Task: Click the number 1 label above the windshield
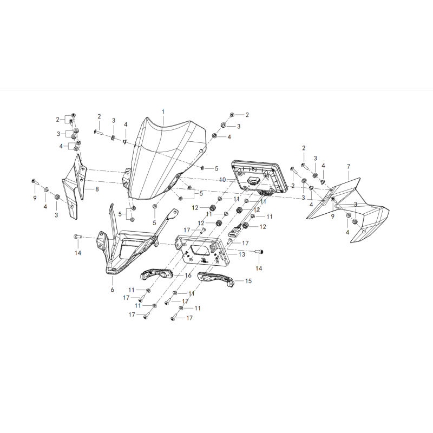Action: click(163, 112)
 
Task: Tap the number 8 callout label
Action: click(97, 189)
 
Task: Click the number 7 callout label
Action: click(349, 167)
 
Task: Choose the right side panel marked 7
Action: click(348, 211)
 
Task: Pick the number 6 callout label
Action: click(113, 290)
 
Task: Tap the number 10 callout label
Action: click(222, 180)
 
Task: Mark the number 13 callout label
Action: click(241, 254)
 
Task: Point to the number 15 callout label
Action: click(248, 281)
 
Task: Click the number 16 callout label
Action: click(188, 275)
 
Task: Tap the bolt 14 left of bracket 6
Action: click(77, 237)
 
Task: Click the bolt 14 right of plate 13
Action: click(259, 252)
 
